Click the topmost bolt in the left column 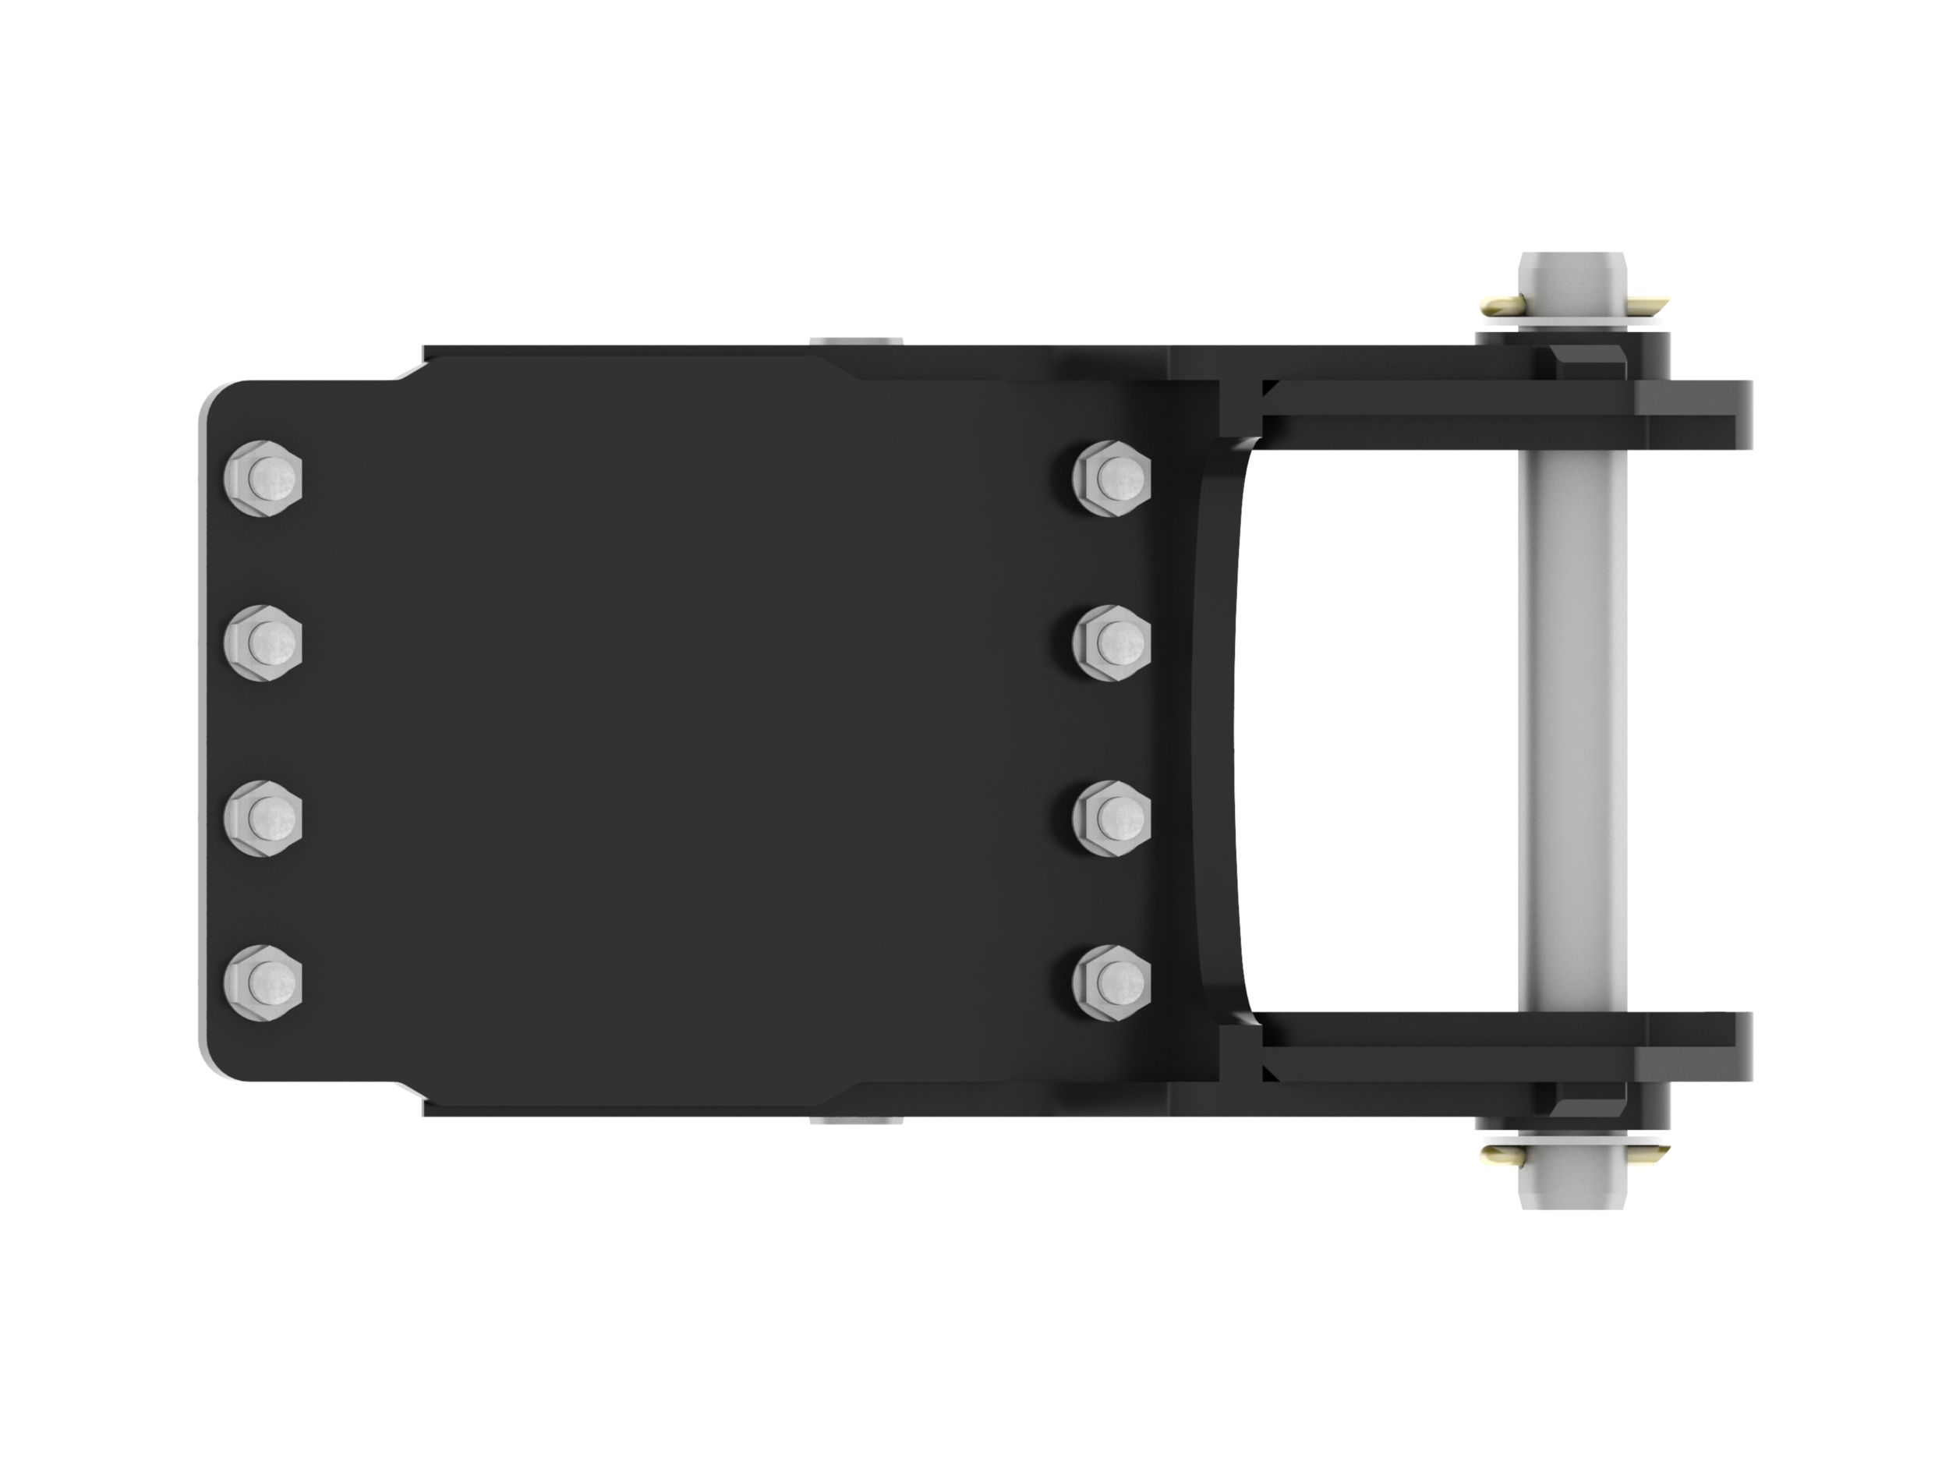tap(264, 479)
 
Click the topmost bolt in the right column tap(1112, 479)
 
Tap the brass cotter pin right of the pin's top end tap(1646, 306)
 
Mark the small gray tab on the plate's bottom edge tap(855, 1122)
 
